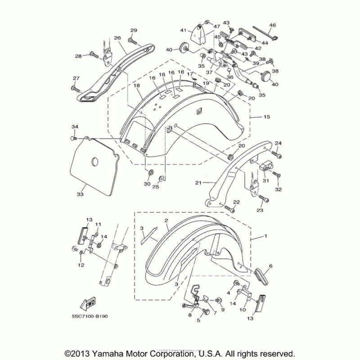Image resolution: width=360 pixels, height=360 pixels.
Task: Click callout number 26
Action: tap(118, 38)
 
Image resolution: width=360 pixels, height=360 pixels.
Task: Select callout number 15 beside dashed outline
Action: tap(266, 117)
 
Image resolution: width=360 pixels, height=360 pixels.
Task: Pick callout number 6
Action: tap(271, 266)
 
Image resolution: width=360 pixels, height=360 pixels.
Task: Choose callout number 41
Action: tap(184, 30)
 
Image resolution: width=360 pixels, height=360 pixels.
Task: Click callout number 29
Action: tap(133, 30)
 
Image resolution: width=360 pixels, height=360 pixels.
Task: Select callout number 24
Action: tap(278, 144)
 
